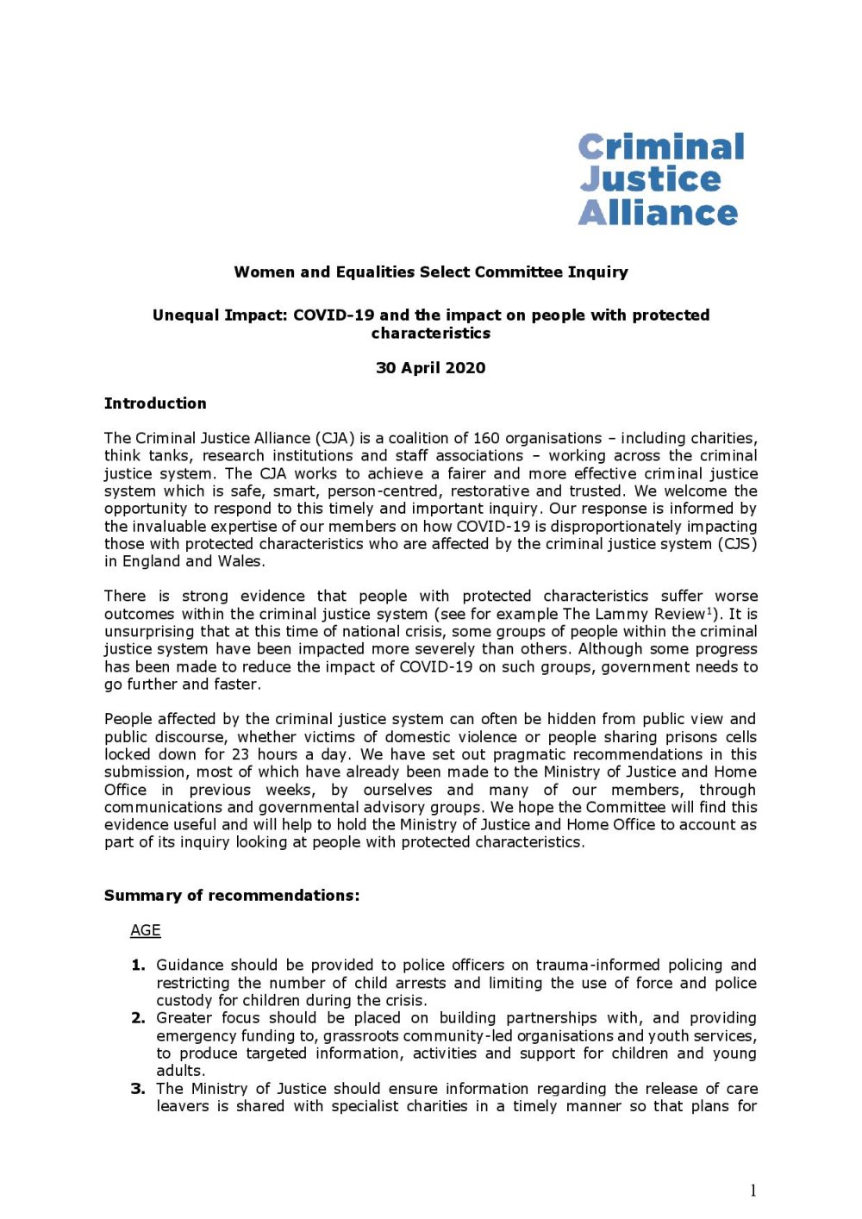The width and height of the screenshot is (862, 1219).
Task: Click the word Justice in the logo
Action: coord(650,179)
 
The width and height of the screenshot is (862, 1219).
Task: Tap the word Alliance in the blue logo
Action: coord(658,212)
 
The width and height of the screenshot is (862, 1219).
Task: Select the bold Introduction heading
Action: coord(155,403)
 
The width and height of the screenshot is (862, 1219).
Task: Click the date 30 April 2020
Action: coord(431,368)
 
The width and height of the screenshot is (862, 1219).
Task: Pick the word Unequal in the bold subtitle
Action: coord(185,316)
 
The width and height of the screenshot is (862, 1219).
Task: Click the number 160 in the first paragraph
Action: coord(486,438)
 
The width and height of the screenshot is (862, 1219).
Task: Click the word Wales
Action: coord(240,561)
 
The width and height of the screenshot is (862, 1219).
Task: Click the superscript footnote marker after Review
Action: coord(709,610)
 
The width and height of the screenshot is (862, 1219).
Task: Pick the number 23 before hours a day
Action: coord(240,754)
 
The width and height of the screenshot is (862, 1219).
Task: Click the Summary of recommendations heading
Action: coord(232,896)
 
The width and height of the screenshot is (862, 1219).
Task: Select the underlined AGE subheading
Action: coord(146,930)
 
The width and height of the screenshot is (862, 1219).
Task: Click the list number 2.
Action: coord(138,1018)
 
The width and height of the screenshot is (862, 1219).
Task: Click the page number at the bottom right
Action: coord(753,1191)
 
